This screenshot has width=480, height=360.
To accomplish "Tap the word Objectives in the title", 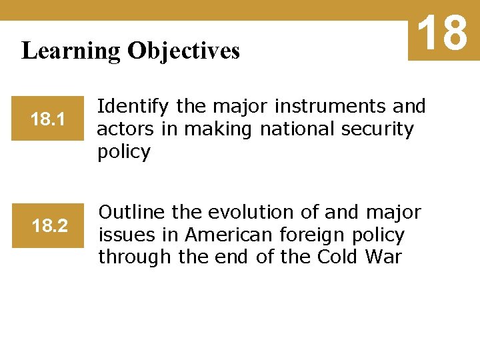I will [183, 51].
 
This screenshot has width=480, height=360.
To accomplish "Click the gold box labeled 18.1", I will [47, 119].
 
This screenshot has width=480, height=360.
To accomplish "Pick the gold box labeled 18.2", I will [49, 226].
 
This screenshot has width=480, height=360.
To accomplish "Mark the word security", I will [378, 129].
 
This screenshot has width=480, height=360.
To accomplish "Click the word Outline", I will [132, 213].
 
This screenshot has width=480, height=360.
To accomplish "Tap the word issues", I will [124, 235].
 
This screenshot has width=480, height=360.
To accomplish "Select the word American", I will [229, 235].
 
